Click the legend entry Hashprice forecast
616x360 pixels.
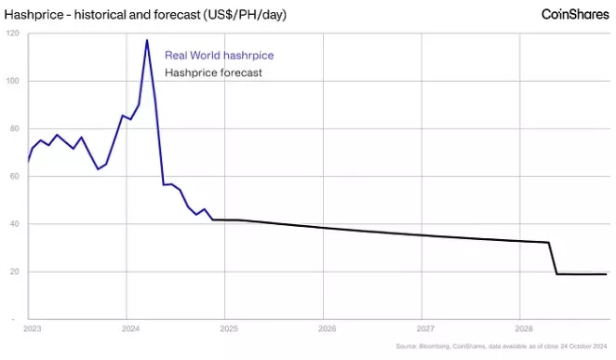pos(212,73)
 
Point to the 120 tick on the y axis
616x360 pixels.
pos(12,33)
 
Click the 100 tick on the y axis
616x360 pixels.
pos(12,81)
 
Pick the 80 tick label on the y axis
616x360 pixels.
pos(13,129)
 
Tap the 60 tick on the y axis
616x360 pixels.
pos(13,177)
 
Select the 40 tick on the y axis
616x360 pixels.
pos(13,224)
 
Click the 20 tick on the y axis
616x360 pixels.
pos(13,272)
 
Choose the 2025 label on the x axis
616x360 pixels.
pos(228,328)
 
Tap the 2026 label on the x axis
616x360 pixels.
pos(326,328)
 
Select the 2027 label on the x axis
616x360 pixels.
pos(424,328)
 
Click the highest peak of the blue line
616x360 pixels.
pos(147,40)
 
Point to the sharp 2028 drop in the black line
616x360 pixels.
pos(553,259)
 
